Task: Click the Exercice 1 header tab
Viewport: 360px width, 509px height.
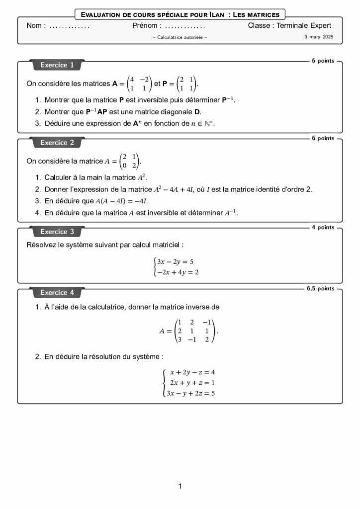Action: (x=57, y=65)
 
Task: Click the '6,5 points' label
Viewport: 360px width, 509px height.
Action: (x=321, y=288)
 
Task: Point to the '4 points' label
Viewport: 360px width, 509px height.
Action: (x=323, y=228)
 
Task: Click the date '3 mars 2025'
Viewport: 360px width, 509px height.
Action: (x=319, y=37)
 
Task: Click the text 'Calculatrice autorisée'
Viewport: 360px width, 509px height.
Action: (x=180, y=38)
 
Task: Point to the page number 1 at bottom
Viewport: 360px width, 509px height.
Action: (x=180, y=486)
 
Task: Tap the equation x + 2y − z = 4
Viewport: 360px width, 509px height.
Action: (x=192, y=372)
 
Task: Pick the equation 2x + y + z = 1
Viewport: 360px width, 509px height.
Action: (x=192, y=383)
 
